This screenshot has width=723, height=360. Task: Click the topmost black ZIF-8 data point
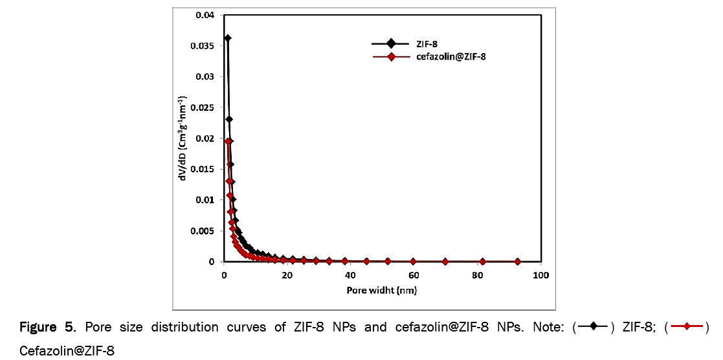tap(227, 38)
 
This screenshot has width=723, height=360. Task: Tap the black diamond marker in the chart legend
tap(391, 43)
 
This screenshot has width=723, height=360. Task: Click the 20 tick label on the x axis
tap(287, 275)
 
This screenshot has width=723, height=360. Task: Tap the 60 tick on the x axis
tap(414, 275)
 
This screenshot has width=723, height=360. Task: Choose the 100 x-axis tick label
tap(540, 275)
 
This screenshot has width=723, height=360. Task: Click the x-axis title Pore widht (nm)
tap(382, 290)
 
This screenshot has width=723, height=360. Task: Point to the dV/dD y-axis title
tap(184, 139)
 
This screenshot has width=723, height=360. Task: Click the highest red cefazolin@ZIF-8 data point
tap(228, 141)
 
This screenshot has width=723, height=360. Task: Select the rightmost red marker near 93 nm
tap(518, 262)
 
